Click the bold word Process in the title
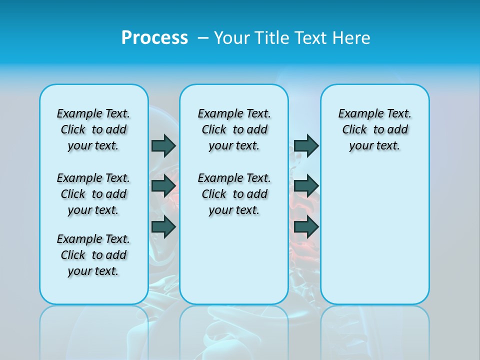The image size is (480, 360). coord(154,38)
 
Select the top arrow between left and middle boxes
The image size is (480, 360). coord(163,145)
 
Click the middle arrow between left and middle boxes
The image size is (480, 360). coord(163,186)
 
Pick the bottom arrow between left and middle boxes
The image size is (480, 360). coord(163,226)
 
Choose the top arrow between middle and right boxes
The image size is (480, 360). coord(306,145)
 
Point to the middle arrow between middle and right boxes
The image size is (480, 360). coord(306,186)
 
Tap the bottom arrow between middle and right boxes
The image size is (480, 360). coord(306,226)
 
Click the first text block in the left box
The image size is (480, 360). coord(93,129)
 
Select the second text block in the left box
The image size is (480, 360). coord(93,194)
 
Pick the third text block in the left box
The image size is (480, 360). coord(93,255)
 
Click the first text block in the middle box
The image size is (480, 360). coord(234,129)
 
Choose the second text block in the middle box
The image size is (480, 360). coord(234,194)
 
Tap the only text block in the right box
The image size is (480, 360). coord(374,129)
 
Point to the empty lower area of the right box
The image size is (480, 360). coord(374,235)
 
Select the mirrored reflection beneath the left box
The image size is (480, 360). coord(93,330)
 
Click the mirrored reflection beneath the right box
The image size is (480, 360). coord(374,330)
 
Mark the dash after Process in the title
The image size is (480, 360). coord(203,38)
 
